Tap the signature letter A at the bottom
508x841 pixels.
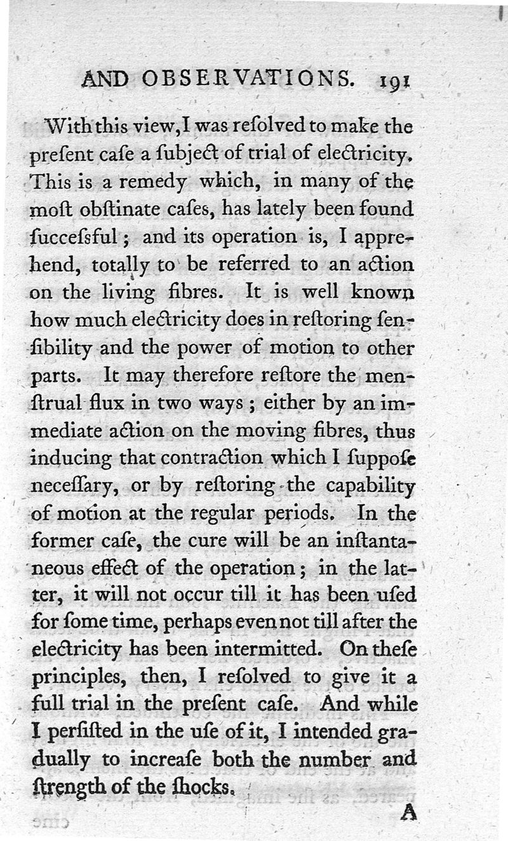(408, 812)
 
